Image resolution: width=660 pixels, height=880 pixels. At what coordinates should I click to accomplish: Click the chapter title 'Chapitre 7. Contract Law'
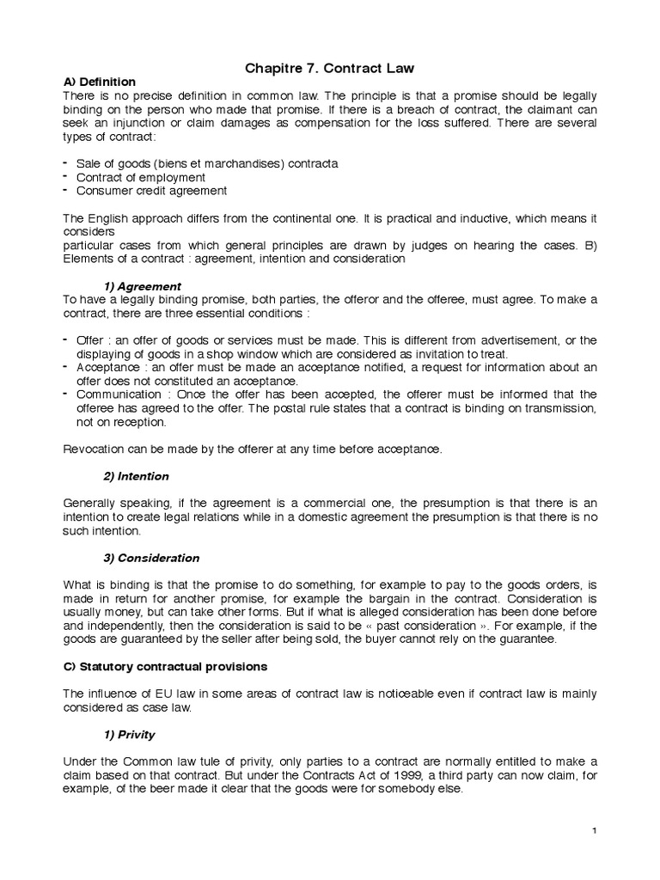329,66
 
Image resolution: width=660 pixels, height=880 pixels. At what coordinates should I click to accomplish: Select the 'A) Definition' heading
100,82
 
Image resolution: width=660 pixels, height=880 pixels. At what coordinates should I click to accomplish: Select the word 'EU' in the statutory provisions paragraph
161,694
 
